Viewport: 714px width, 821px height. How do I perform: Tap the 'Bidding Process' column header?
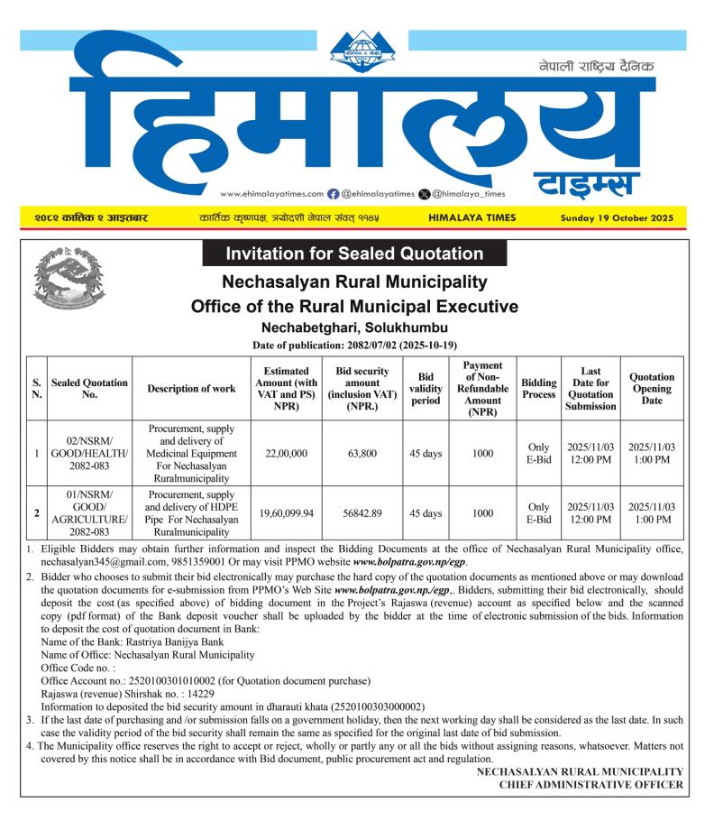[x=539, y=389]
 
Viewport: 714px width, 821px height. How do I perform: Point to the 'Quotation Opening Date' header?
[x=652, y=389]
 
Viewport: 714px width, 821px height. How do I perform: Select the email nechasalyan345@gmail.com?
[x=110, y=562]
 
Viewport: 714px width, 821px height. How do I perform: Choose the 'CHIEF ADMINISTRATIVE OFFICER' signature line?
[x=591, y=785]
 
